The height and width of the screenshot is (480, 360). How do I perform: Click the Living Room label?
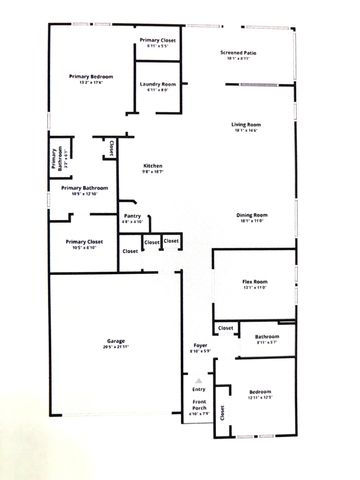pos(246,123)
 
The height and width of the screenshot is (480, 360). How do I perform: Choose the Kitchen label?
pos(153,165)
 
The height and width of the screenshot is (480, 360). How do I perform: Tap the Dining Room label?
pos(251,215)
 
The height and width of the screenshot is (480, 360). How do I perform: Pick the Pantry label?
pos(131,215)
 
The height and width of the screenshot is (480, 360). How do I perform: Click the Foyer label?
pos(199,346)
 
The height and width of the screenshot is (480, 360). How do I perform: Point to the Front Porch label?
pos(199,404)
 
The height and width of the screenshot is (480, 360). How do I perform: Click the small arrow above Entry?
pos(198,380)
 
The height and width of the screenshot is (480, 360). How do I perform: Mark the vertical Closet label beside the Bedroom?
pos(236,411)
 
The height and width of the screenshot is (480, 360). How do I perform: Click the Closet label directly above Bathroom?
pos(226,328)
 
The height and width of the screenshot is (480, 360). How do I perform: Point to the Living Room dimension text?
pos(246,130)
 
